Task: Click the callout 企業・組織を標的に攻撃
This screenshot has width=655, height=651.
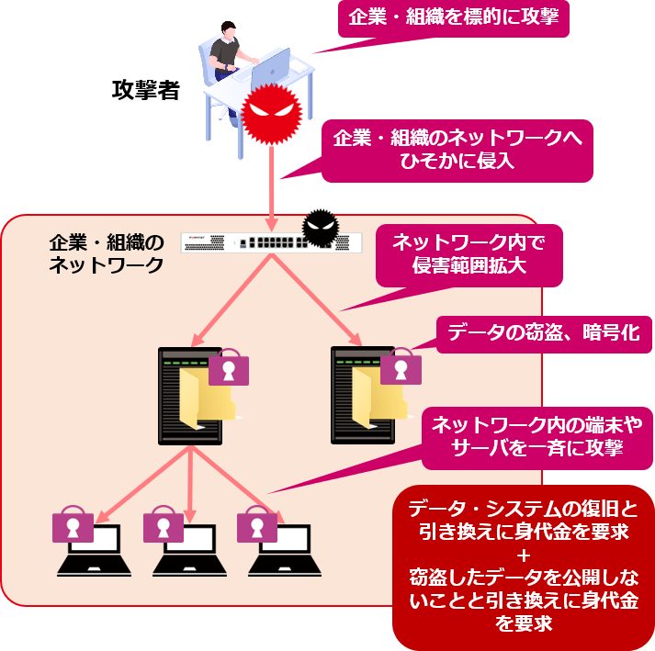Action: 454,17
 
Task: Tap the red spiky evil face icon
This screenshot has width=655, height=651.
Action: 272,114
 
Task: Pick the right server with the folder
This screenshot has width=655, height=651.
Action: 363,395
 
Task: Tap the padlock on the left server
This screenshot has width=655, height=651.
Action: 229,367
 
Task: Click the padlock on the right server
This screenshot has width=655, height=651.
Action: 401,366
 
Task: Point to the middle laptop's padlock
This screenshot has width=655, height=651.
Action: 164,526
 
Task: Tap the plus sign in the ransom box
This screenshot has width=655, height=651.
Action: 524,555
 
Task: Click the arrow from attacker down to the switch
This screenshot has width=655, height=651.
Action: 272,184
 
